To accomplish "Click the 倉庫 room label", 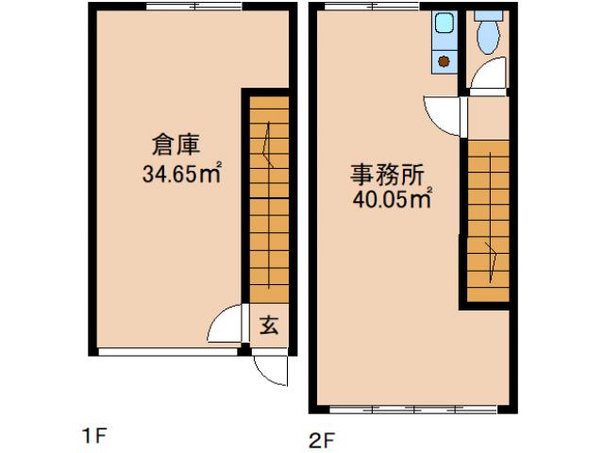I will click(176, 146).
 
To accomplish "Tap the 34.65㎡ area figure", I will click(182, 174).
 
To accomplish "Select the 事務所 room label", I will click(386, 175).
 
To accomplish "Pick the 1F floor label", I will click(96, 435).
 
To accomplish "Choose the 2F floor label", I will click(321, 439).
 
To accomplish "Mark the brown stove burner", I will click(444, 60).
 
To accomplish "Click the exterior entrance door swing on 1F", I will click(269, 369).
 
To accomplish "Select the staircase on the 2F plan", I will click(489, 222).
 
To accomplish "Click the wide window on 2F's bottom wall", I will click(414, 411).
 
